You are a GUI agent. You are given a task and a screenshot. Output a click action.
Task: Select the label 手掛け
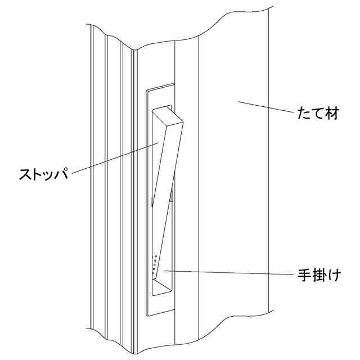tap(318, 277)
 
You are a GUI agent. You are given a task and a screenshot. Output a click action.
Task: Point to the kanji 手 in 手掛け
tap(304, 277)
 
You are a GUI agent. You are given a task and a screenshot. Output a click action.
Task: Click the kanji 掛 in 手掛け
tap(318, 277)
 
